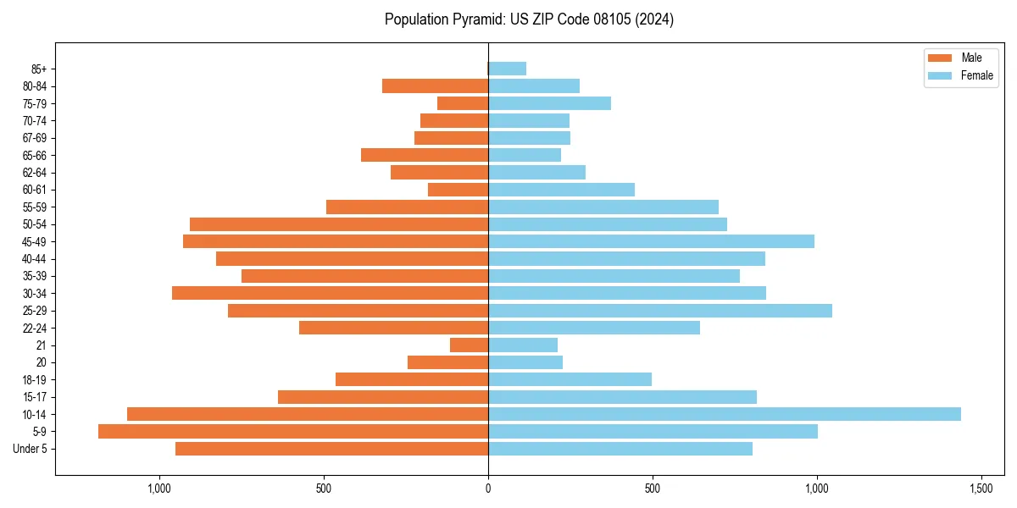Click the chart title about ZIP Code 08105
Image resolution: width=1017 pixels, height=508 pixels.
pos(529,19)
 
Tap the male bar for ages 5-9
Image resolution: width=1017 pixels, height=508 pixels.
pos(293,431)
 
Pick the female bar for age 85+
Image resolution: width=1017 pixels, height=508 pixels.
pos(507,69)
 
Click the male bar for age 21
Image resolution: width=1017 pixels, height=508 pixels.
pos(469,345)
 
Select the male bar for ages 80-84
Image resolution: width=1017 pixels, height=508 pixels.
pos(435,86)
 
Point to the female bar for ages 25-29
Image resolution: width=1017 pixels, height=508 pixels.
pos(660,311)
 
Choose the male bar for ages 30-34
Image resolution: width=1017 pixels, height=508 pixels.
pos(330,293)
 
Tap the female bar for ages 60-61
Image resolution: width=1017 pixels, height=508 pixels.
pos(561,190)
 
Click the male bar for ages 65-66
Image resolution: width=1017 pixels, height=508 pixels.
pos(425,155)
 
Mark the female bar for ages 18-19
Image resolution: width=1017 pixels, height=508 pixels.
pos(570,379)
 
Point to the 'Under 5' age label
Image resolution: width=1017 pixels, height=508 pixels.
pos(31,449)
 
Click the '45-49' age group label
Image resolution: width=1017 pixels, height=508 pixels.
pos(35,241)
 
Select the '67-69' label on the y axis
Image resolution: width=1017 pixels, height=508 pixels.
pos(35,138)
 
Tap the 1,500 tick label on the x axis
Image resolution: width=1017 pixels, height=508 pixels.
pos(981,489)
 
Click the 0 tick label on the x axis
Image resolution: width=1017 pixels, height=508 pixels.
pos(488,489)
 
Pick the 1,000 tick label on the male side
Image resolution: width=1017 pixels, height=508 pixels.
pos(158,489)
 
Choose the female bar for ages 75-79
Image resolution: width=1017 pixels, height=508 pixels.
pos(549,103)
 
